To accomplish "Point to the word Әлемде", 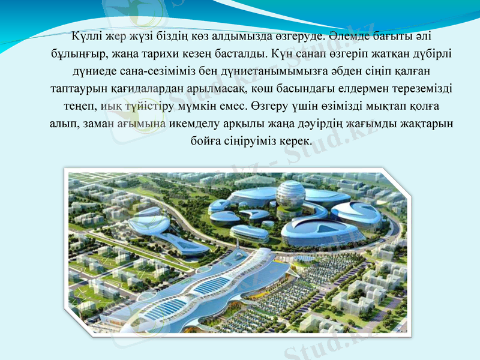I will [x=349, y=35].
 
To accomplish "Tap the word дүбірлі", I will [x=432, y=53].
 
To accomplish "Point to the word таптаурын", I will [x=79, y=89].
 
